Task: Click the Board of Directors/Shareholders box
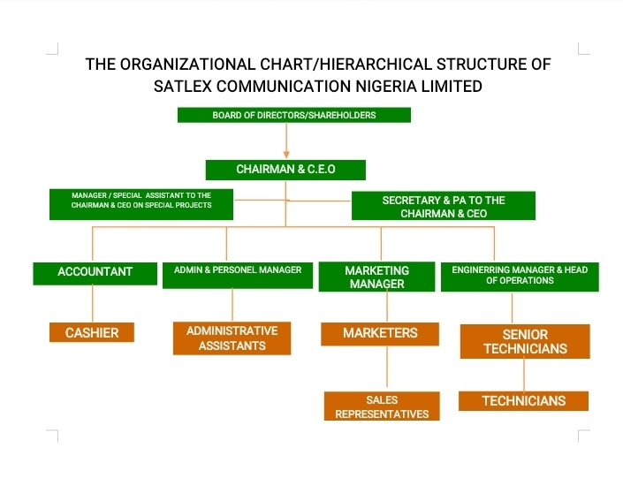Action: click(294, 115)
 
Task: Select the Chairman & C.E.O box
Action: click(285, 170)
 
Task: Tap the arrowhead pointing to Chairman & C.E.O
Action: click(286, 154)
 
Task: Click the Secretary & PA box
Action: click(444, 206)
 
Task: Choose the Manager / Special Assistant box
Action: click(141, 204)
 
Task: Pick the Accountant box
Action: click(95, 273)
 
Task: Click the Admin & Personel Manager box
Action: click(238, 275)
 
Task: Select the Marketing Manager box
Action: click(376, 277)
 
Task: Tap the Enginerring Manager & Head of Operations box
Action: click(520, 277)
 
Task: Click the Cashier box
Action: click(92, 332)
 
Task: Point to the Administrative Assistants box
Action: click(232, 338)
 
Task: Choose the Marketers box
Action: click(380, 334)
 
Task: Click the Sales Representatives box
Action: click(382, 406)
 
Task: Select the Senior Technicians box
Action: click(525, 341)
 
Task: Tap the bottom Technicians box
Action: click(524, 401)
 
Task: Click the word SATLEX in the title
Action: click(183, 87)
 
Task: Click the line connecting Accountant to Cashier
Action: click(93, 304)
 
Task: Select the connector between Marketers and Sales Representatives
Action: click(387, 367)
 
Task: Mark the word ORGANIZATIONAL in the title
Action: click(187, 65)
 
